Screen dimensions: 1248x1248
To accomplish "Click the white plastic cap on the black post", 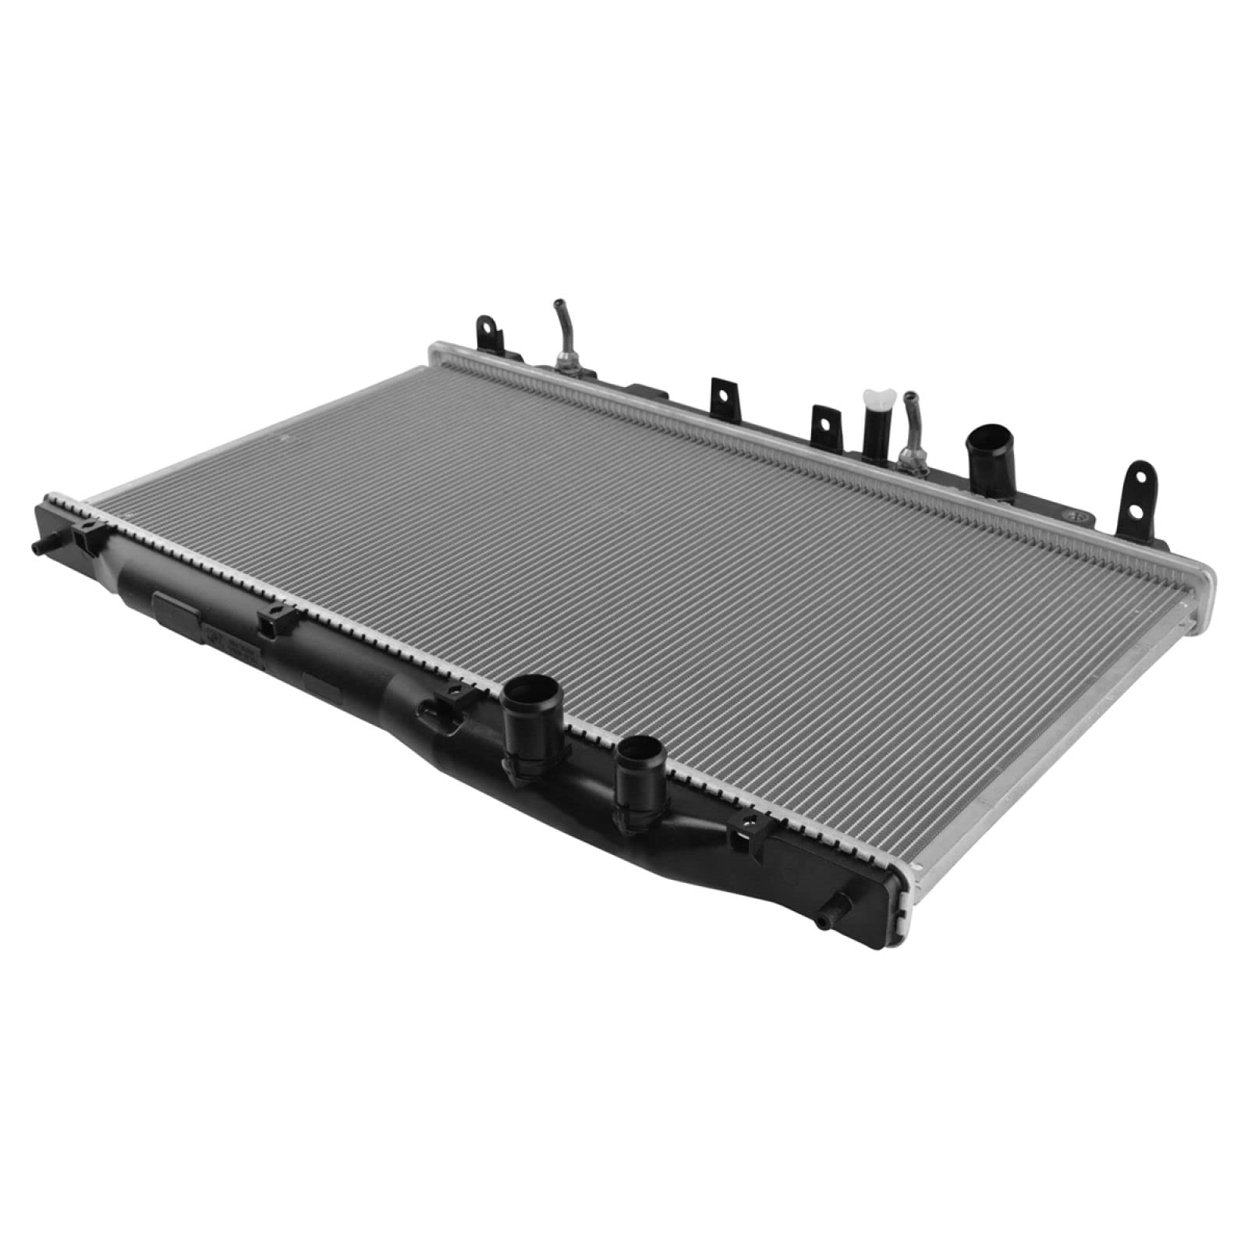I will (871, 399).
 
